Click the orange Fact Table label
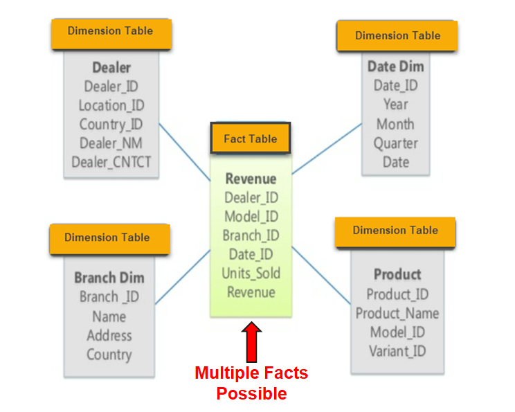(250, 138)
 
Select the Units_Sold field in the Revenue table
(251, 273)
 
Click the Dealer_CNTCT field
(111, 162)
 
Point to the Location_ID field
(111, 105)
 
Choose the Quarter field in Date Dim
(396, 143)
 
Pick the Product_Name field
(397, 313)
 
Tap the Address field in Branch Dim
(109, 336)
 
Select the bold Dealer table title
(111, 68)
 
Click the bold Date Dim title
(396, 67)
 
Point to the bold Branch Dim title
(109, 278)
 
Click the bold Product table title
(397, 274)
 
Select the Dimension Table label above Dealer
(110, 31)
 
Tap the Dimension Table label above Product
(395, 231)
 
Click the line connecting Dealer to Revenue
(185, 153)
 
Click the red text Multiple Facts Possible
(251, 383)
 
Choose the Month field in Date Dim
(395, 125)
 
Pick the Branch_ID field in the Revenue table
(251, 235)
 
